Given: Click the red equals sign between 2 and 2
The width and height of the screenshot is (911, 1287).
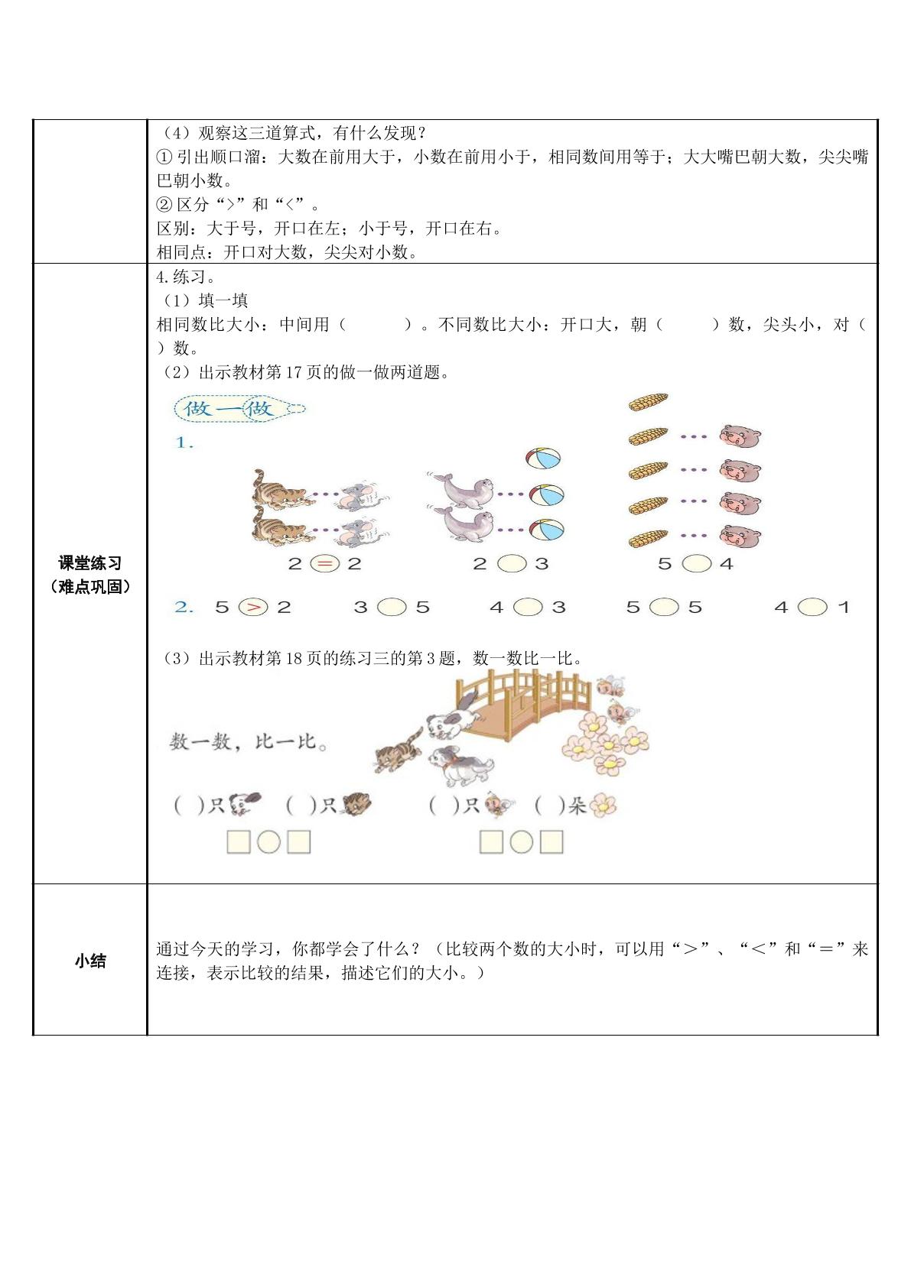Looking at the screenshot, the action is (x=325, y=564).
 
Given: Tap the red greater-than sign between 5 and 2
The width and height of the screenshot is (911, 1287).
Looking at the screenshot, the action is (x=254, y=607).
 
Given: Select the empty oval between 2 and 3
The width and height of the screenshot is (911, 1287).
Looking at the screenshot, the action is (x=512, y=564).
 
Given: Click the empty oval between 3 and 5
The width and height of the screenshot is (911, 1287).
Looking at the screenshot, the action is (x=392, y=607).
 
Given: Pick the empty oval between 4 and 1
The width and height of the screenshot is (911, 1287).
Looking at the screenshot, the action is (x=812, y=607).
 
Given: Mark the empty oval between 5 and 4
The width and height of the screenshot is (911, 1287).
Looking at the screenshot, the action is (x=697, y=564).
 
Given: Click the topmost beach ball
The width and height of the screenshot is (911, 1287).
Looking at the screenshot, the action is (x=543, y=459).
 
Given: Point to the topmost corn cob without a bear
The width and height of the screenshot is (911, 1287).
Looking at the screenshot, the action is (x=648, y=401).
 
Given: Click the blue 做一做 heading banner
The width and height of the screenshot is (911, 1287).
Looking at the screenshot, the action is (x=239, y=409).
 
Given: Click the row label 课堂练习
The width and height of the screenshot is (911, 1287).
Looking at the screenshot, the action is (x=90, y=562).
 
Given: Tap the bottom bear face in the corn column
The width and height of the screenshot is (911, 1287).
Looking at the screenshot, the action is (x=740, y=536).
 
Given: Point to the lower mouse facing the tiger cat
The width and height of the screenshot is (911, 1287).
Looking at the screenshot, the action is (x=360, y=532).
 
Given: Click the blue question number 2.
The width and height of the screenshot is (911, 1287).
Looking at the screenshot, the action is (x=184, y=607).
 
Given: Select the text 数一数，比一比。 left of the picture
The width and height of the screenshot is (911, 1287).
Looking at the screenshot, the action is (x=249, y=742).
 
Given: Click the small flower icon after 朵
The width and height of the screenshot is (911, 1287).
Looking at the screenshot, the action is (x=602, y=806).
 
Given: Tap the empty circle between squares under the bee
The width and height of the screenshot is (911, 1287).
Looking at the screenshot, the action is (x=521, y=842).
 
